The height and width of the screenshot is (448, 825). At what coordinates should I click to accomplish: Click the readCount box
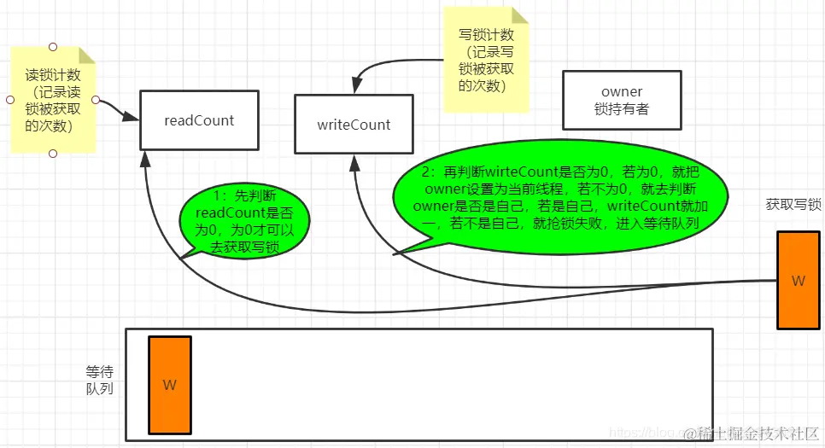pos(199,120)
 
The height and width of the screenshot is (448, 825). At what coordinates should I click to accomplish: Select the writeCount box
pos(354,125)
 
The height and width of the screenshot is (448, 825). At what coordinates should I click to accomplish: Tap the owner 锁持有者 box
pos(622,100)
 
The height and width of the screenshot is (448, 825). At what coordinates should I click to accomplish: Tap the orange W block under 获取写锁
pos(799,280)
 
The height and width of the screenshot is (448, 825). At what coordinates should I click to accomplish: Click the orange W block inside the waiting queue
pos(170,385)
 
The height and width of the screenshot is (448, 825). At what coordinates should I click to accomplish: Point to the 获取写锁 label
pos(793,205)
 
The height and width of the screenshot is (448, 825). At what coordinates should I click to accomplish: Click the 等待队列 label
pos(99,381)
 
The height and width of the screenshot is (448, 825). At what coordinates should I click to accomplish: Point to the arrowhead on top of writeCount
pos(352,87)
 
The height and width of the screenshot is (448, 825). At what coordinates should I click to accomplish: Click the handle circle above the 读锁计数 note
pos(53,46)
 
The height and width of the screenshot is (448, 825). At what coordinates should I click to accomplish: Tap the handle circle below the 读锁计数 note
pos(53,154)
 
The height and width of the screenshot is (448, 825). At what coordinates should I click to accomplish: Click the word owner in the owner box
pos(622,91)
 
